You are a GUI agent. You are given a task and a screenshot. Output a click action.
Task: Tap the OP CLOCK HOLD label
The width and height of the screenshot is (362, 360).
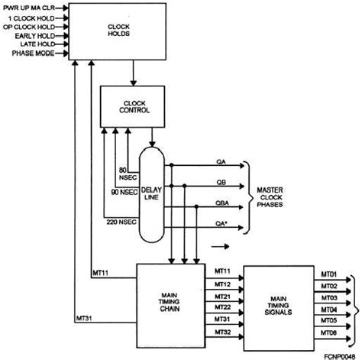click(36, 26)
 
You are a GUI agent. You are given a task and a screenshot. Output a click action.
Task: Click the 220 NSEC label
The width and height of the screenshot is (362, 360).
click(120, 220)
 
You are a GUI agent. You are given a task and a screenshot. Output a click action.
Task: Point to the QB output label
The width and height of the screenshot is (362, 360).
click(221, 183)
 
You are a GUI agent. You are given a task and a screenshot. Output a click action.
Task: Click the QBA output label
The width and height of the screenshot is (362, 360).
click(221, 203)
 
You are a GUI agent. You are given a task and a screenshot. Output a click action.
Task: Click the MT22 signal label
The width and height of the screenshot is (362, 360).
click(223, 307)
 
